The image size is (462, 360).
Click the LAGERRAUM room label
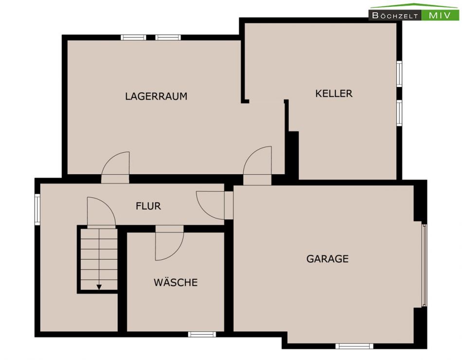[x=156, y=96]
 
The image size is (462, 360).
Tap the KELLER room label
[x=334, y=93]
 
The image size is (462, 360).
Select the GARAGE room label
[x=327, y=259]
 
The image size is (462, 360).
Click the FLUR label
[x=148, y=206]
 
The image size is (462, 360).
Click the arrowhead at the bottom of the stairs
[x=99, y=287]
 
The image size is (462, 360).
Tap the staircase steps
[x=99, y=259]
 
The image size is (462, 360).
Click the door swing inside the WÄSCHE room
[x=169, y=244]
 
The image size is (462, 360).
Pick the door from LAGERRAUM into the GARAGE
[x=257, y=165]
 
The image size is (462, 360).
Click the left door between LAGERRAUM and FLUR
[x=115, y=167]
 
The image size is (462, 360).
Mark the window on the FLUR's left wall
[x=37, y=209]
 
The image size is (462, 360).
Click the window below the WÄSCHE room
[x=202, y=334]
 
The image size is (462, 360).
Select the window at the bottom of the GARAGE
[x=354, y=346]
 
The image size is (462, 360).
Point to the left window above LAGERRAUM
[x=133, y=37]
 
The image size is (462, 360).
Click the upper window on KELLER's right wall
[x=399, y=74]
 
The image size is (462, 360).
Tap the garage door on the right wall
[x=424, y=265]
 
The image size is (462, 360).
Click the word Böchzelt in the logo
[x=395, y=16]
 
